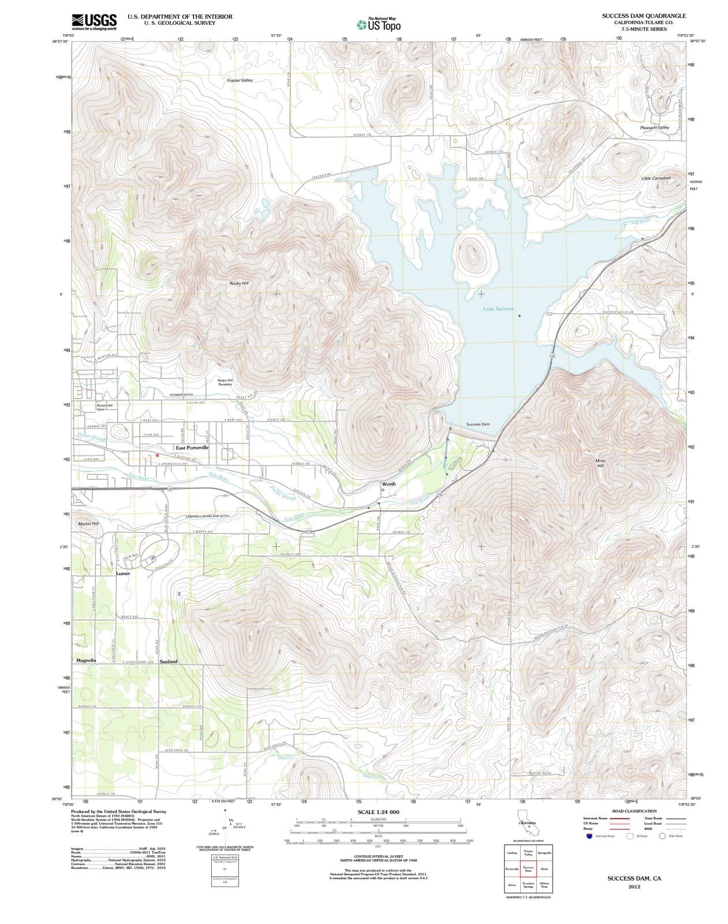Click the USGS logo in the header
click(x=94, y=21)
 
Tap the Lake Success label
click(x=498, y=309)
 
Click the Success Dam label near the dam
click(x=478, y=424)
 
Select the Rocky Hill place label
click(x=238, y=284)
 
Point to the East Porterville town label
click(x=192, y=448)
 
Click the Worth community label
click(x=389, y=485)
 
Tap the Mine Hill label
click(x=600, y=463)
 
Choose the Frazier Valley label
click(x=240, y=80)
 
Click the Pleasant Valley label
click(x=654, y=128)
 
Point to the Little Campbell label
click(x=656, y=178)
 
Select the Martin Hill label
click(x=88, y=523)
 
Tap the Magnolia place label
click(x=86, y=660)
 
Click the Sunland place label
click(x=169, y=661)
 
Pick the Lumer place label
click(x=123, y=574)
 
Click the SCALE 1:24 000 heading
click(x=378, y=812)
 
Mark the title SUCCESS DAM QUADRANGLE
click(x=644, y=16)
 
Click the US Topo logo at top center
click(x=378, y=25)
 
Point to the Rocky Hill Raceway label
click(x=225, y=382)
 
